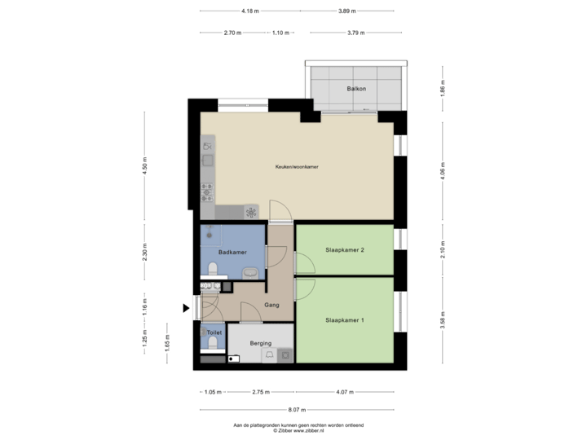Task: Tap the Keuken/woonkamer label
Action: [295, 167]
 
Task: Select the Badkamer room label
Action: [232, 253]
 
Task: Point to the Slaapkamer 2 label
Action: [344, 249]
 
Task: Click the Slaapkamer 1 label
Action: [344, 320]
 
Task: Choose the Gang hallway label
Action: [272, 306]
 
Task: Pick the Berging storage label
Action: [260, 344]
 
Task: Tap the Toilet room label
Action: [214, 333]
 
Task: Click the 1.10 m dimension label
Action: [280, 33]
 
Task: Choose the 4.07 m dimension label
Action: [344, 392]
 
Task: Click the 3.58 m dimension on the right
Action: [443, 319]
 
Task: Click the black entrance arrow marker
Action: [187, 307]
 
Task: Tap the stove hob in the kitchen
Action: [207, 191]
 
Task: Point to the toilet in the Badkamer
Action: [214, 269]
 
